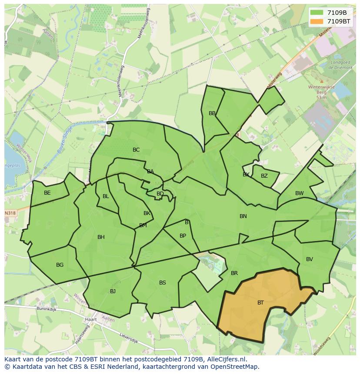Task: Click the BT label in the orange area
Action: pyautogui.click(x=260, y=303)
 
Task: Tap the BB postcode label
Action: pyautogui.click(x=212, y=113)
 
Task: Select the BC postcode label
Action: pyautogui.click(x=136, y=150)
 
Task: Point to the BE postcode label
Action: pyautogui.click(x=47, y=193)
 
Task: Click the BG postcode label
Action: pyautogui.click(x=60, y=265)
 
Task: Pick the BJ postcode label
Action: pyautogui.click(x=113, y=291)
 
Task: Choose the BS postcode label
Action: pyautogui.click(x=163, y=283)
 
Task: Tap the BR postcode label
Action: pyautogui.click(x=234, y=273)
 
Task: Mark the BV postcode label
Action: pyautogui.click(x=310, y=259)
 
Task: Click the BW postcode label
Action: pyautogui.click(x=300, y=193)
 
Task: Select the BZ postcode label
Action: pyautogui.click(x=264, y=176)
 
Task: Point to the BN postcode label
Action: pyautogui.click(x=243, y=216)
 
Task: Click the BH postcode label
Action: pyautogui.click(x=101, y=237)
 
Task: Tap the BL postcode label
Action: pyautogui.click(x=106, y=196)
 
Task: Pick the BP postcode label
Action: pyautogui.click(x=183, y=236)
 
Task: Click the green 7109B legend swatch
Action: pyautogui.click(x=317, y=13)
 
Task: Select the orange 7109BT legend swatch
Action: pyautogui.click(x=317, y=21)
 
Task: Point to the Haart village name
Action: pyautogui.click(x=91, y=319)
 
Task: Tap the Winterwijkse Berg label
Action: pyautogui.click(x=321, y=89)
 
